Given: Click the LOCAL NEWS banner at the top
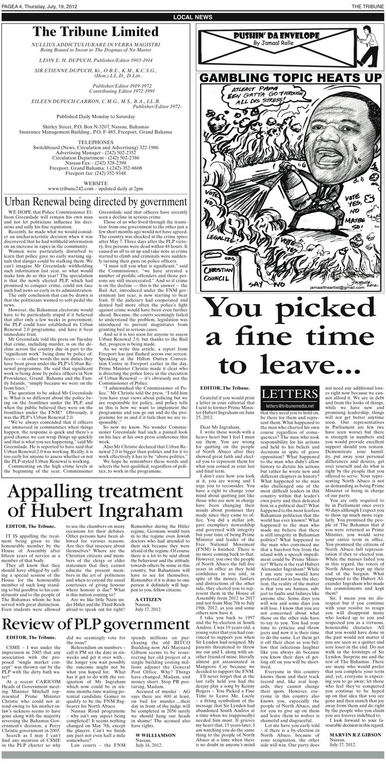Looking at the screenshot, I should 192,17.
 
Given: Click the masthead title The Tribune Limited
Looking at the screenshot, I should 96,32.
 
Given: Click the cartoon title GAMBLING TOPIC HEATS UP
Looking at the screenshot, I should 290,78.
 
